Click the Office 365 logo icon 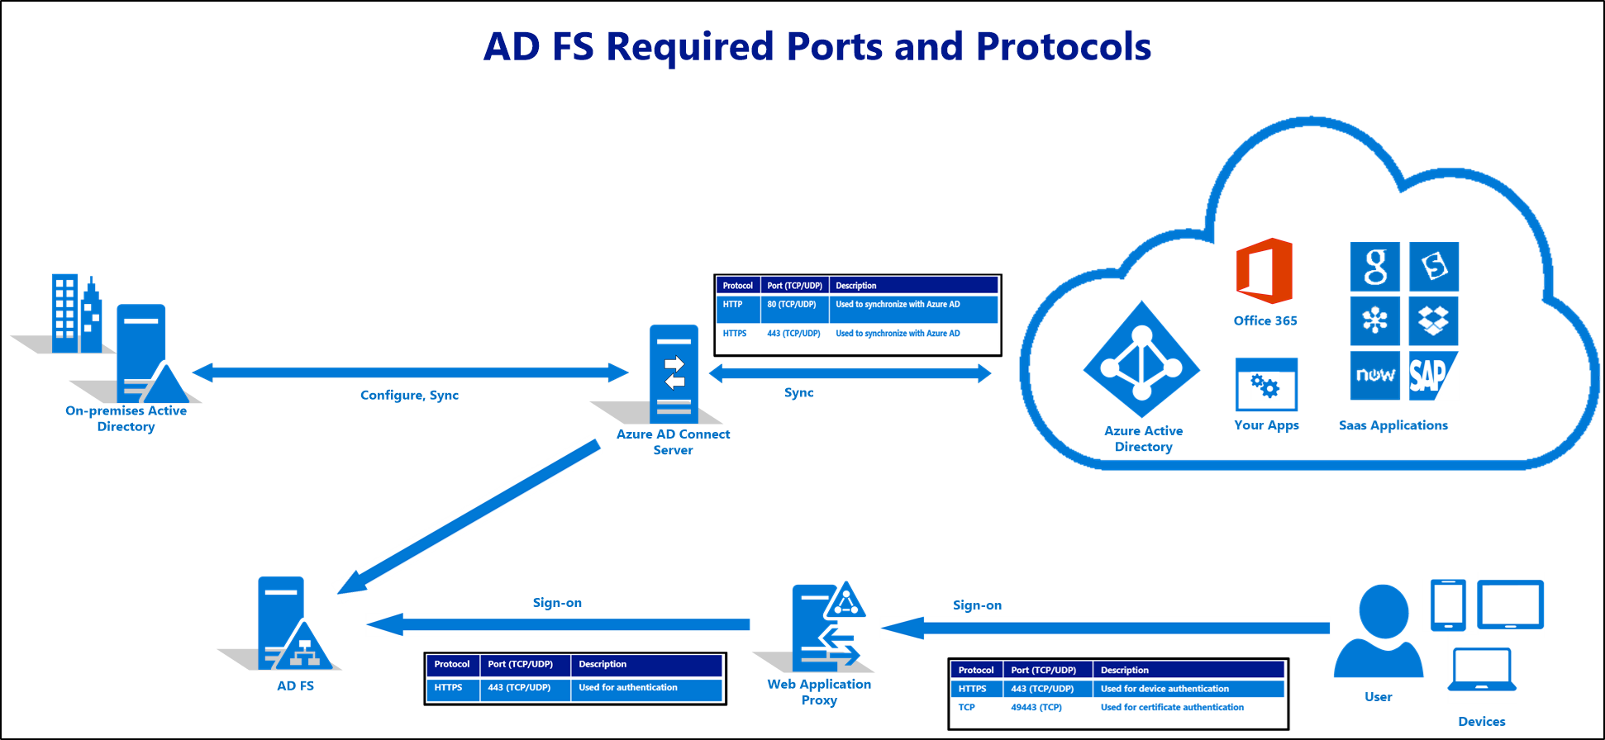point(1264,271)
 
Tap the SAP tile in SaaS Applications point(1434,377)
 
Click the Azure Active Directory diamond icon point(1142,360)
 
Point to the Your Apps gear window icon point(1266,385)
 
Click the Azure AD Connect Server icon point(674,374)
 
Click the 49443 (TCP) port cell point(1036,708)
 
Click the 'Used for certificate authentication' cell point(1172,708)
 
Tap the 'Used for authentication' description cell point(628,688)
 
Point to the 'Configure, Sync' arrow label point(410,396)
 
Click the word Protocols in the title point(1064,46)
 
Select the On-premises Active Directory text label point(126,419)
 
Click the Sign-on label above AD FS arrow point(558,603)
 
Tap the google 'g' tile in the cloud point(1374,267)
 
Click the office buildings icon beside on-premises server point(77,315)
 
